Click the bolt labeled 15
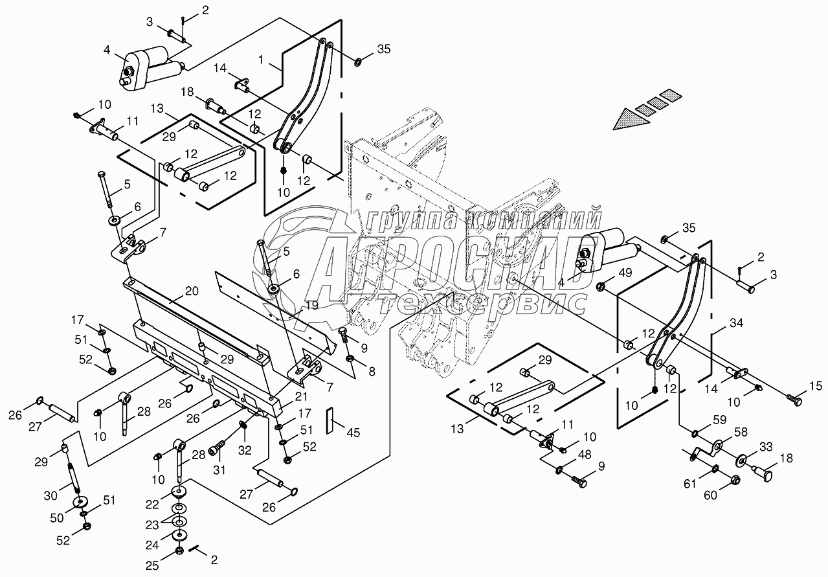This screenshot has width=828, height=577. (793, 400)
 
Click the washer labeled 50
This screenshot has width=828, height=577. (81, 503)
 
